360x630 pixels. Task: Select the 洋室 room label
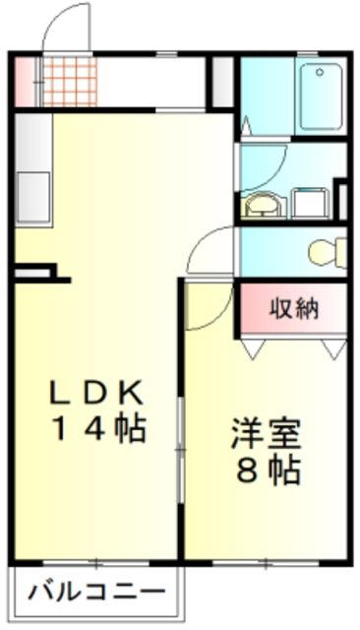(266, 433)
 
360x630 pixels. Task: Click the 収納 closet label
(294, 308)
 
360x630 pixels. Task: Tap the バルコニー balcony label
(95, 594)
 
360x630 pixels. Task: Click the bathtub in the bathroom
(321, 95)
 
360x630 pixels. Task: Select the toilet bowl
(325, 252)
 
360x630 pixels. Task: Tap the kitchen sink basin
(34, 184)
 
